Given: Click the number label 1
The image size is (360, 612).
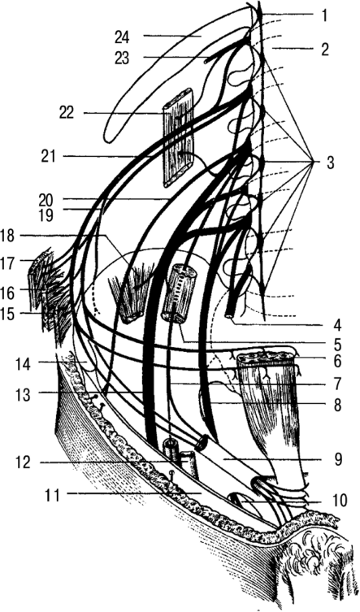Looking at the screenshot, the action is (324, 15).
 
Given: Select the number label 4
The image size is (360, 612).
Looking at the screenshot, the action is (337, 325).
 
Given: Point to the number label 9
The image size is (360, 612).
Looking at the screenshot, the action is (337, 460).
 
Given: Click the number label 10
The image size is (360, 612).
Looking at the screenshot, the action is (339, 501).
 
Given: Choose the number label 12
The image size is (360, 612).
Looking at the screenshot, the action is (24, 463).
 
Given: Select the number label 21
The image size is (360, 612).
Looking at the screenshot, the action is (49, 157).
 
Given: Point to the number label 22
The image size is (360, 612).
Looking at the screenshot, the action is (67, 114).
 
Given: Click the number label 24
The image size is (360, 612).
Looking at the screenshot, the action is (122, 37).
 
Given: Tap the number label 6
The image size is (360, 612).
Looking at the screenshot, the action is (336, 362).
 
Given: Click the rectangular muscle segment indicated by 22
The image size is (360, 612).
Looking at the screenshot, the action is (179, 137).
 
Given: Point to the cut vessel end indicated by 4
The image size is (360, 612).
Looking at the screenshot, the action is (229, 315).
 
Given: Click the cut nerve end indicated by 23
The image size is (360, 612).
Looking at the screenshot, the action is (207, 59).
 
